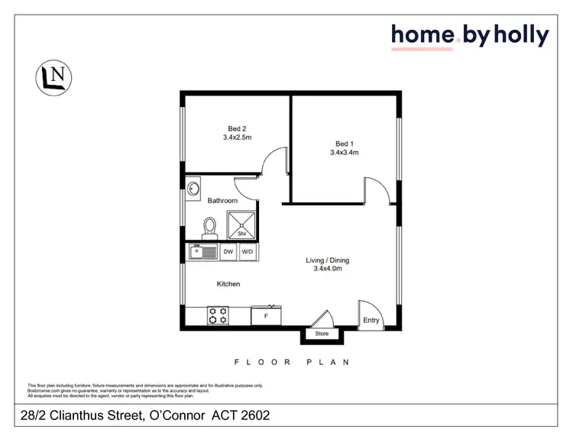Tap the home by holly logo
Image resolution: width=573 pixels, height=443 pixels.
469,36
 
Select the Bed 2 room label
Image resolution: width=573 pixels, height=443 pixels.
237,128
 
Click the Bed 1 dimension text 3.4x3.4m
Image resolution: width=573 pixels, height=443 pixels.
344,153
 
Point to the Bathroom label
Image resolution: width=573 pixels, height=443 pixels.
222,200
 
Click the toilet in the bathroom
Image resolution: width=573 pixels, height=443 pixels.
209,226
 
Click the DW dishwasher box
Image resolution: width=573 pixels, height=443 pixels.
228,251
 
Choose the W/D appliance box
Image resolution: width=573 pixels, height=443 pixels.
248,251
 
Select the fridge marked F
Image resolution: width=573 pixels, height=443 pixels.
266,314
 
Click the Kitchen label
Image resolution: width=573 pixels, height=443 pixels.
228,284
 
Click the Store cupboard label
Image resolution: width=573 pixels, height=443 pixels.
322,334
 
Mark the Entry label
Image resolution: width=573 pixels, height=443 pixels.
371,321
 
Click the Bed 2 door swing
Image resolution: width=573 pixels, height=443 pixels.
272,163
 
